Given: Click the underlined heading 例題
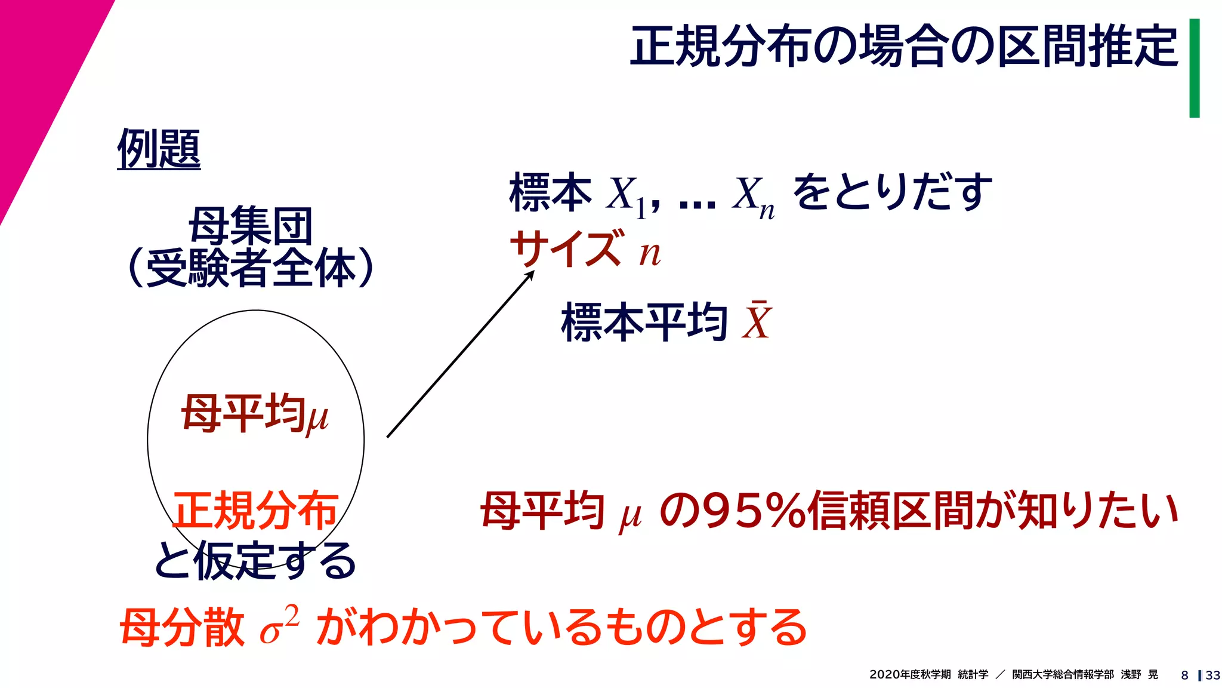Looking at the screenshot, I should pyautogui.click(x=159, y=149).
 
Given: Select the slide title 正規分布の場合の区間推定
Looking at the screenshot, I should pyautogui.click(x=904, y=46).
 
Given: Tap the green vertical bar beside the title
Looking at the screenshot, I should pyautogui.click(x=1194, y=68).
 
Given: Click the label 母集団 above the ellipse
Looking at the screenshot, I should pyautogui.click(x=251, y=226).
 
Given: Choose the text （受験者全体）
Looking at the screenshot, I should pyautogui.click(x=251, y=268).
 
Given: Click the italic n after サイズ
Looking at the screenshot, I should pyautogui.click(x=650, y=253).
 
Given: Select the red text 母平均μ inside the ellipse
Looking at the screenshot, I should pyautogui.click(x=255, y=413).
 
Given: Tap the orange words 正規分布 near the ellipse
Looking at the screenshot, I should pyautogui.click(x=255, y=510).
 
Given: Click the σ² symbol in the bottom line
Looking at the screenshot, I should pyautogui.click(x=279, y=626).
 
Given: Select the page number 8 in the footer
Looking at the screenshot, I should pyautogui.click(x=1184, y=675).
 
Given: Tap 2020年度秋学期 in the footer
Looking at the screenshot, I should pyautogui.click(x=910, y=674).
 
